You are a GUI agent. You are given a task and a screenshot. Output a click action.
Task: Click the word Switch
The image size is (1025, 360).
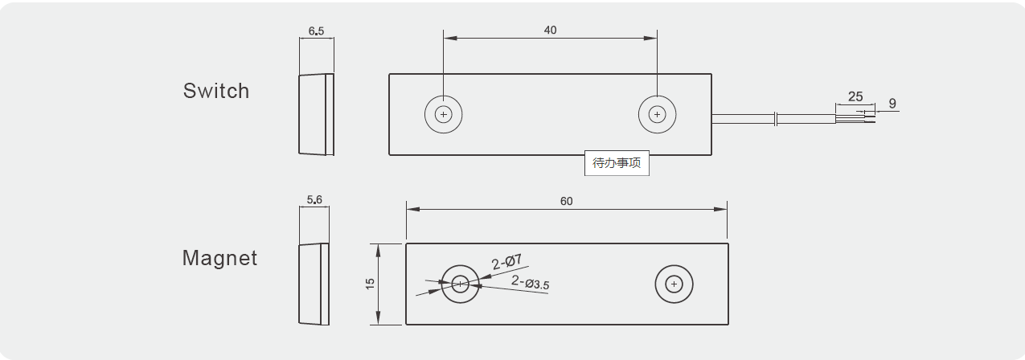tap(216, 91)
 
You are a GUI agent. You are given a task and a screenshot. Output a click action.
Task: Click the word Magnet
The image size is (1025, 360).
tap(219, 258)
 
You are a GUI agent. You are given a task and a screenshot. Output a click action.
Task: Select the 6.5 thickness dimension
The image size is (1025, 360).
tap(316, 31)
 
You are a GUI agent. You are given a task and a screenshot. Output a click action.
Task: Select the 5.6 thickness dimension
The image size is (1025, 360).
tap(314, 199)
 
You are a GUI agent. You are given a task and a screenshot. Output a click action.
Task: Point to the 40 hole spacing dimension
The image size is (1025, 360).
tap(550, 31)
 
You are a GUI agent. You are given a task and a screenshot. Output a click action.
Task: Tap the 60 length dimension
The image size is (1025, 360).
tap(566, 201)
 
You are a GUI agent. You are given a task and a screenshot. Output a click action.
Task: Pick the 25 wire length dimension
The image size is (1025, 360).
tap(855, 96)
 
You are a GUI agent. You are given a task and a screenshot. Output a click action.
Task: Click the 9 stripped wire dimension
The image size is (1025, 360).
tap(892, 104)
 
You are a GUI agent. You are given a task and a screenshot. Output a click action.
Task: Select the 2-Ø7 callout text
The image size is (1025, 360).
tap(507, 261)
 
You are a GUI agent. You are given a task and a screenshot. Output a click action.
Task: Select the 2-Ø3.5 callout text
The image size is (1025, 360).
tap(531, 283)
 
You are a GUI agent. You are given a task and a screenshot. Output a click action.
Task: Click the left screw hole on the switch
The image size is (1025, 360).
tap(444, 115)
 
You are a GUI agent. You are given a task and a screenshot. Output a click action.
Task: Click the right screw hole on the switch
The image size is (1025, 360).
tap(658, 115)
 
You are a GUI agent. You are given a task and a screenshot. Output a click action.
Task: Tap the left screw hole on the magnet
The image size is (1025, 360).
tap(460, 284)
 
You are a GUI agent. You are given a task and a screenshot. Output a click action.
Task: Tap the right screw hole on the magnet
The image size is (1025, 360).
tap(674, 284)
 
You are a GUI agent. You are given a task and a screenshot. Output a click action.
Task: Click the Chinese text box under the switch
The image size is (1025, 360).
tap(617, 163)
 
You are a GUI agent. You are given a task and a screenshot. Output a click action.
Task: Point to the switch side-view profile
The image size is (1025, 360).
tap(316, 114)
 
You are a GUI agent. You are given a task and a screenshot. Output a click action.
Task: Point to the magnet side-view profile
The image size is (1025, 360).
tap(314, 284)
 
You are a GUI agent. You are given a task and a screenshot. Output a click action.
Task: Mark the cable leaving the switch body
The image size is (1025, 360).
tap(744, 119)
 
